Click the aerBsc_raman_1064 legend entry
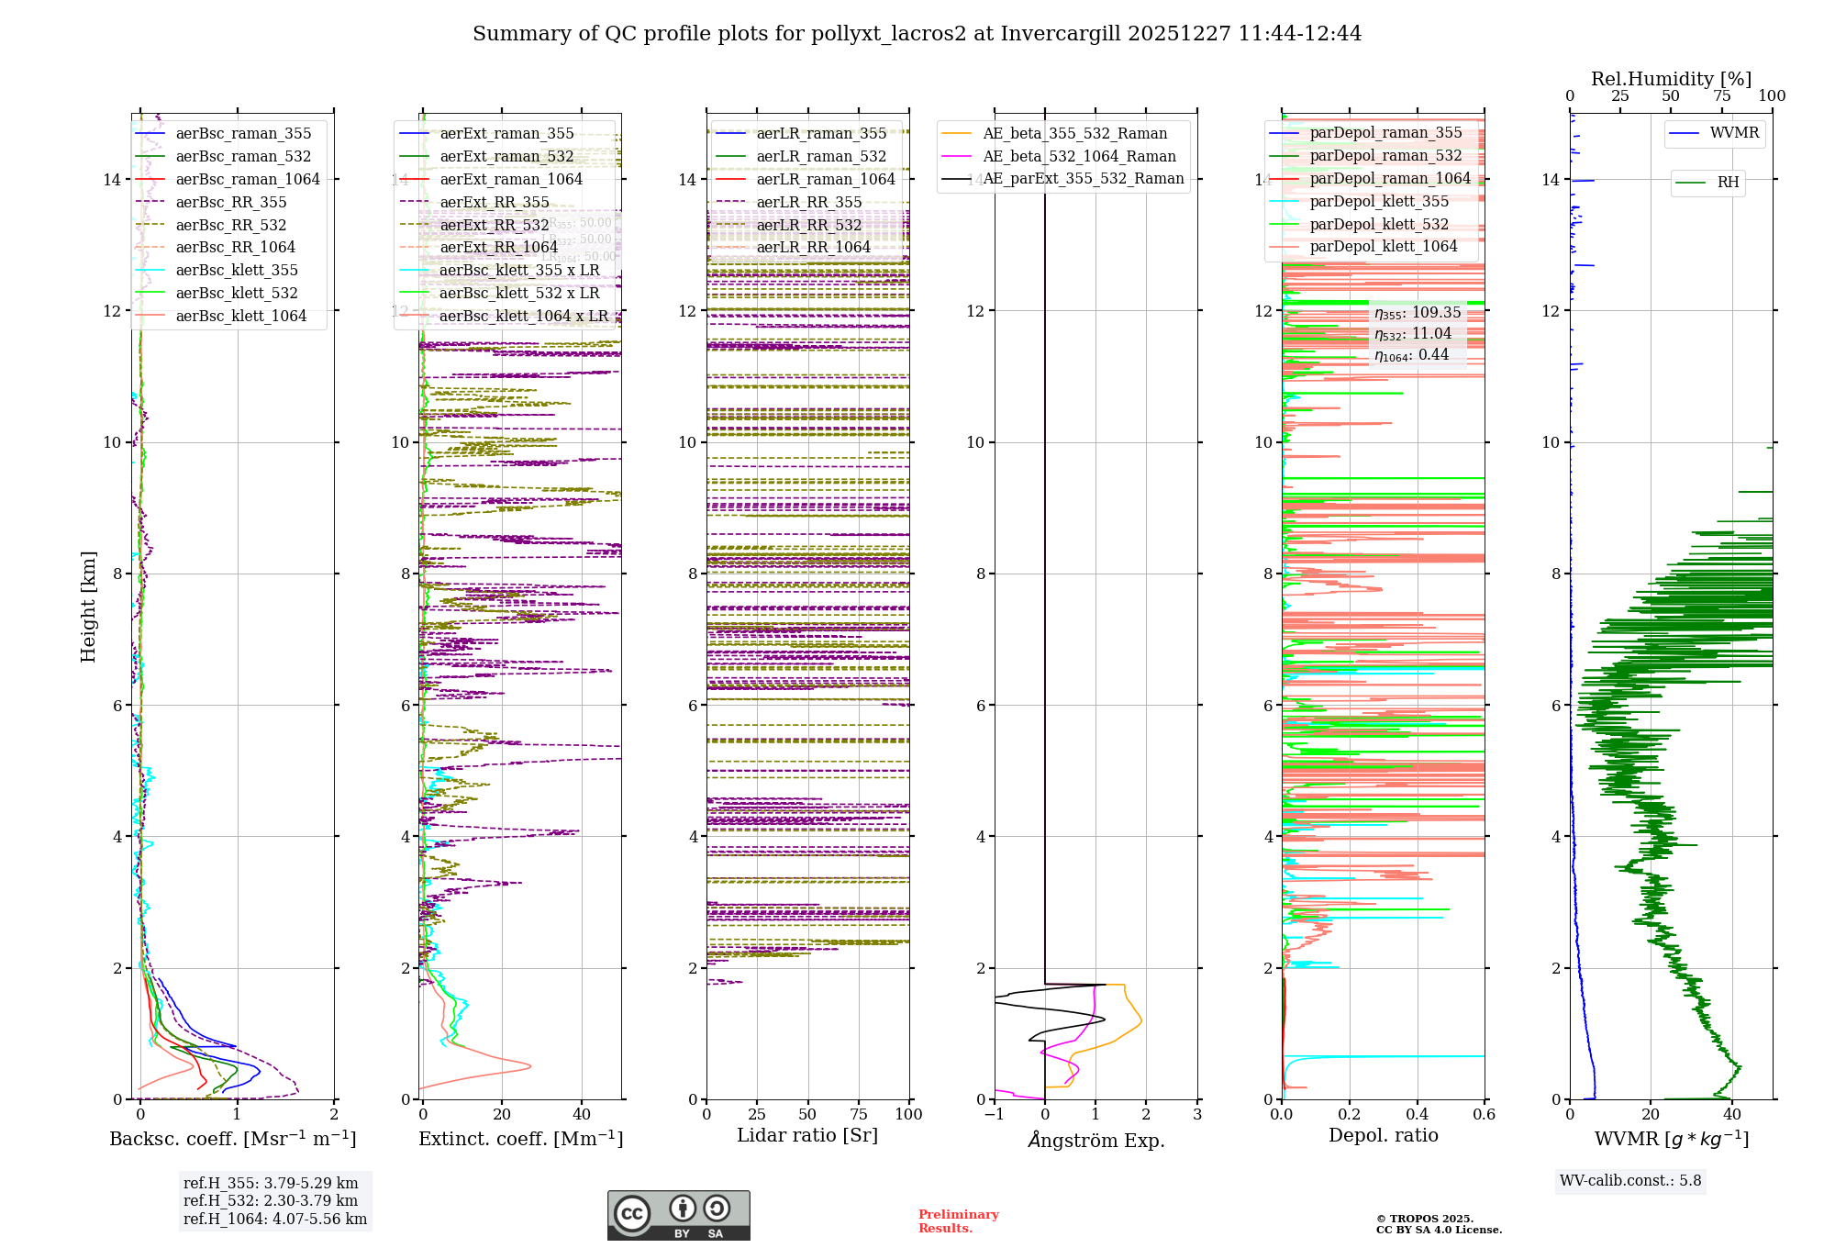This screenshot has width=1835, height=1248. click(248, 179)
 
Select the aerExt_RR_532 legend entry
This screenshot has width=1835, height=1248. click(494, 225)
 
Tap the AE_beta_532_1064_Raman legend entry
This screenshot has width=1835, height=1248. click(1079, 156)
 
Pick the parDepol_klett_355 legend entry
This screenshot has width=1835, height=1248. click(1379, 201)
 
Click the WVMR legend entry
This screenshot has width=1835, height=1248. click(1734, 133)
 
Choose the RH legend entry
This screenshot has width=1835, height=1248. click(1728, 183)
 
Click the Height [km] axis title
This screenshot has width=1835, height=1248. click(88, 607)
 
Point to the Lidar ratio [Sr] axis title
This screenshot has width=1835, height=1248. click(807, 1135)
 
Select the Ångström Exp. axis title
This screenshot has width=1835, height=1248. click(1095, 1140)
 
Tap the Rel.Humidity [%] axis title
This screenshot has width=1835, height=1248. click(1671, 79)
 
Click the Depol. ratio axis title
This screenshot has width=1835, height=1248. click(1383, 1135)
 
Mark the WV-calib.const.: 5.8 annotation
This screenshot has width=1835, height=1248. click(1630, 1181)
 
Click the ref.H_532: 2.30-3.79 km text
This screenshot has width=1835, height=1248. click(271, 1200)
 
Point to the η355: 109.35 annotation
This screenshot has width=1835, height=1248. click(1418, 313)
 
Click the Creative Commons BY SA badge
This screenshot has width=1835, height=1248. click(678, 1215)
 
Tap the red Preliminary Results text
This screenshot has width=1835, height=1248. click(958, 1220)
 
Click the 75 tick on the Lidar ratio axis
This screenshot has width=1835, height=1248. click(859, 1114)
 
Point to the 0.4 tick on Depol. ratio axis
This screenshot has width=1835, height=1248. click(1417, 1114)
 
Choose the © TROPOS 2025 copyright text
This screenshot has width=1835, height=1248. click(1424, 1219)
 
